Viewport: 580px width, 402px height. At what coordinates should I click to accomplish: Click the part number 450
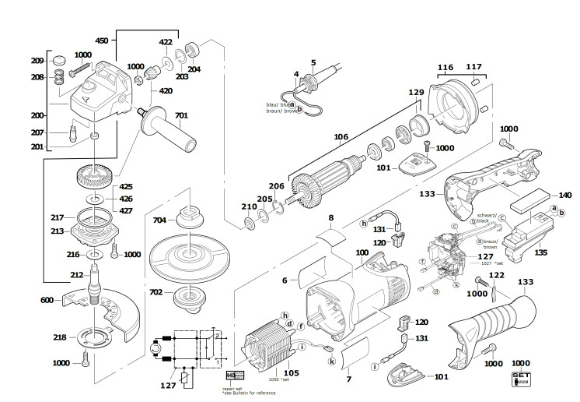coord(101,41)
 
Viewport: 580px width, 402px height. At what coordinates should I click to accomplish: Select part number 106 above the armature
coord(340,137)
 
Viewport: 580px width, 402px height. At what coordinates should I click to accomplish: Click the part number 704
coord(159,220)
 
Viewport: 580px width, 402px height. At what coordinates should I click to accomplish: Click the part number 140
coord(564,195)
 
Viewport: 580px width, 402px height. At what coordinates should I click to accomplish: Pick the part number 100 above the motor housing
coord(363,252)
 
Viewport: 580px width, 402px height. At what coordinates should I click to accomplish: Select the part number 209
coord(36,61)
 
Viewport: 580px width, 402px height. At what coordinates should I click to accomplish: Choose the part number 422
coord(167,42)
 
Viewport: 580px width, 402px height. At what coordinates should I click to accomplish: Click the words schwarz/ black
coord(476,220)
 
